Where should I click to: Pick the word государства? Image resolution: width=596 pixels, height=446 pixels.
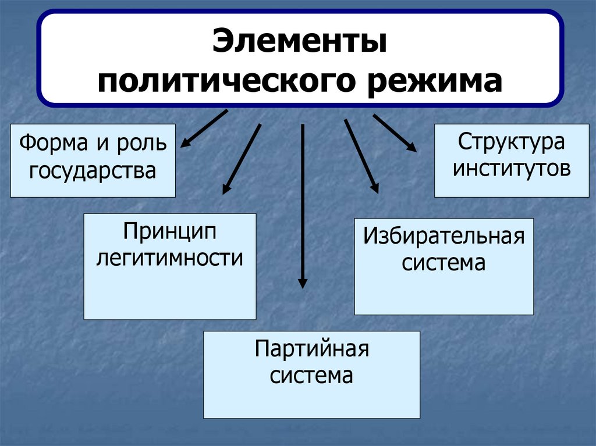[93, 170]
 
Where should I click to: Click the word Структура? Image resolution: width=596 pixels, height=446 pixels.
[511, 142]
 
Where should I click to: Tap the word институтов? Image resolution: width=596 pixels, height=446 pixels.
[512, 169]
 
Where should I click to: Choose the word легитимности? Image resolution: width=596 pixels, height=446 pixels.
[169, 257]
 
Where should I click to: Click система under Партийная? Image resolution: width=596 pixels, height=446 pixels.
[311, 376]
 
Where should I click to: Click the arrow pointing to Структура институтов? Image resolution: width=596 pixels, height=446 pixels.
[395, 133]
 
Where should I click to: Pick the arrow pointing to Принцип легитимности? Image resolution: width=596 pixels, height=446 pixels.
[242, 158]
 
